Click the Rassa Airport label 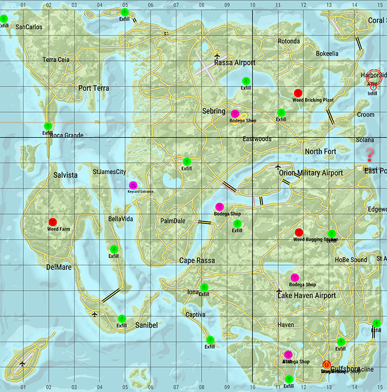tap(234, 63)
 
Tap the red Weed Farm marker tap(53, 222)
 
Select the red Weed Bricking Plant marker tap(297, 93)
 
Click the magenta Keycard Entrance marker tap(133, 185)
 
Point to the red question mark tap(370, 154)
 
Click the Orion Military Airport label tap(310, 173)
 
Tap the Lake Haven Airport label tap(307, 296)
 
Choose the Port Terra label tap(93, 88)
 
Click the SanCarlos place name tap(29, 27)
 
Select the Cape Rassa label tap(197, 261)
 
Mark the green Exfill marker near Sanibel tap(122, 318)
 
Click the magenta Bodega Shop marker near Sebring tap(235, 113)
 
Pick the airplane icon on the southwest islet tap(22, 364)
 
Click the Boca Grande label tap(66, 136)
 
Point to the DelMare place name tap(59, 267)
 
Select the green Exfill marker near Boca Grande tap(48, 126)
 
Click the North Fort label tap(320, 151)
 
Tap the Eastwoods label tap(257, 139)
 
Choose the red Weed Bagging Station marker tap(298, 232)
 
